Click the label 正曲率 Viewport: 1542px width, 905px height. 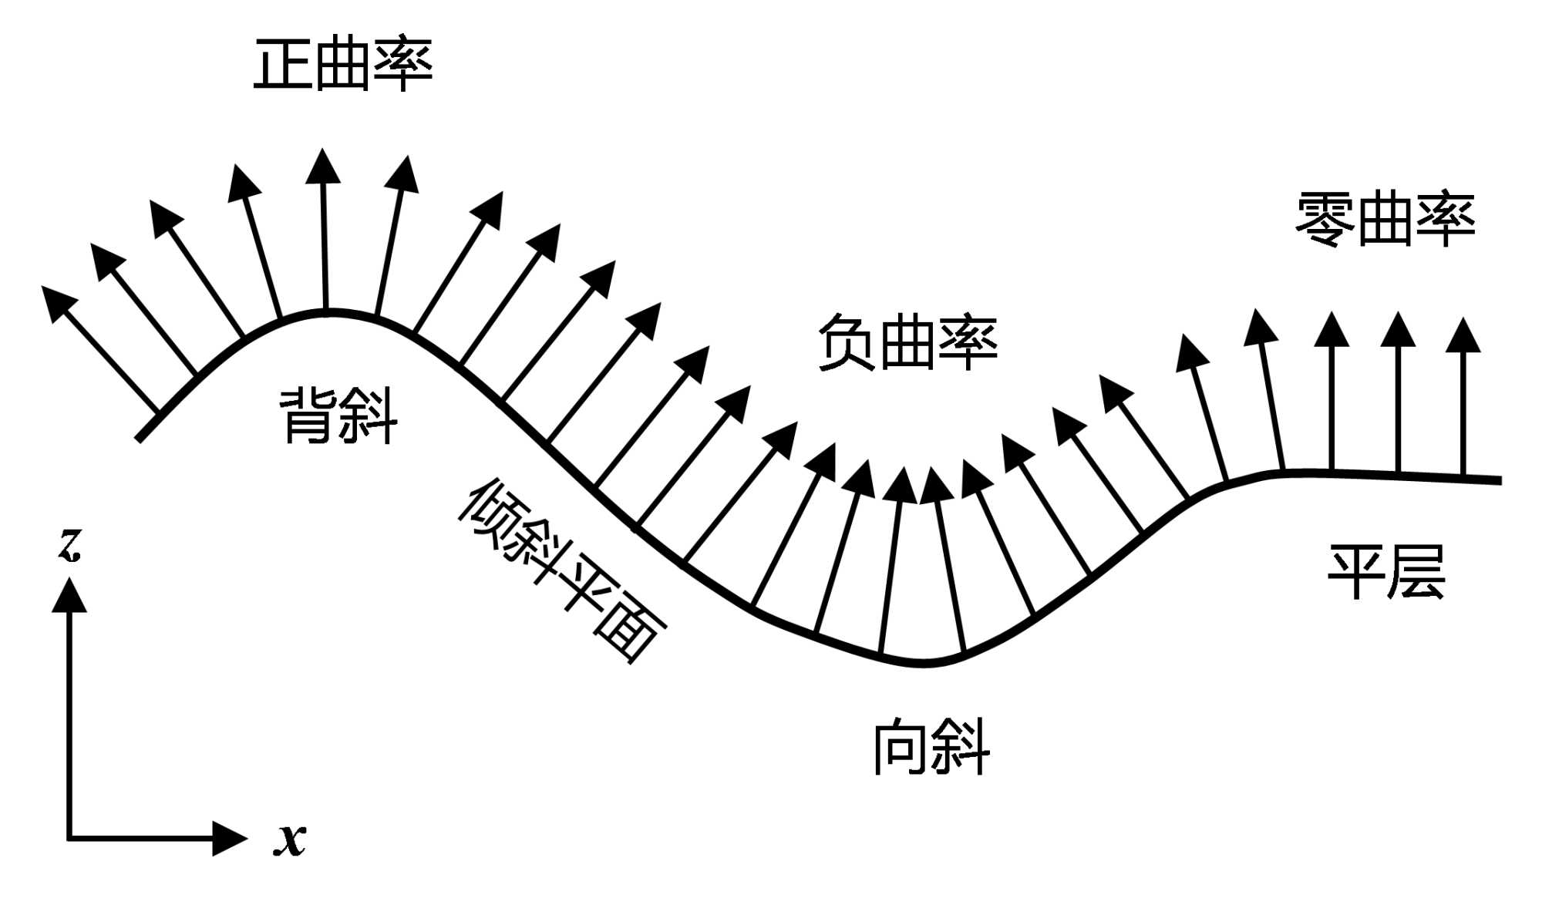pyautogui.click(x=343, y=64)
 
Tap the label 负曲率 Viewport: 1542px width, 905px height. pyautogui.click(x=907, y=343)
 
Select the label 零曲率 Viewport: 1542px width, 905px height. pyautogui.click(x=1385, y=220)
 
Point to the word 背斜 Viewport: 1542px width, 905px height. pyautogui.click(x=338, y=416)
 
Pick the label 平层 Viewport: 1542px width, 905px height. pyautogui.click(x=1385, y=572)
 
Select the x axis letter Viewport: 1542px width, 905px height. pyautogui.click(x=290, y=839)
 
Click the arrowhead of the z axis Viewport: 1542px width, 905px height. pyautogui.click(x=69, y=595)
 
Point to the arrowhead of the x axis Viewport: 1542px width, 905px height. pyautogui.click(x=229, y=838)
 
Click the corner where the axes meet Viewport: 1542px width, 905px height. pyautogui.click(x=69, y=838)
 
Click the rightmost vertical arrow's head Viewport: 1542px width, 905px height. pyautogui.click(x=1463, y=335)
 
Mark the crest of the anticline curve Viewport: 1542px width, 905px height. pyautogui.click(x=328, y=311)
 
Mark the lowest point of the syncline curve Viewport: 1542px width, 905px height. pyautogui.click(x=924, y=663)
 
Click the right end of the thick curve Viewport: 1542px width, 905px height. pyautogui.click(x=1499, y=481)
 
